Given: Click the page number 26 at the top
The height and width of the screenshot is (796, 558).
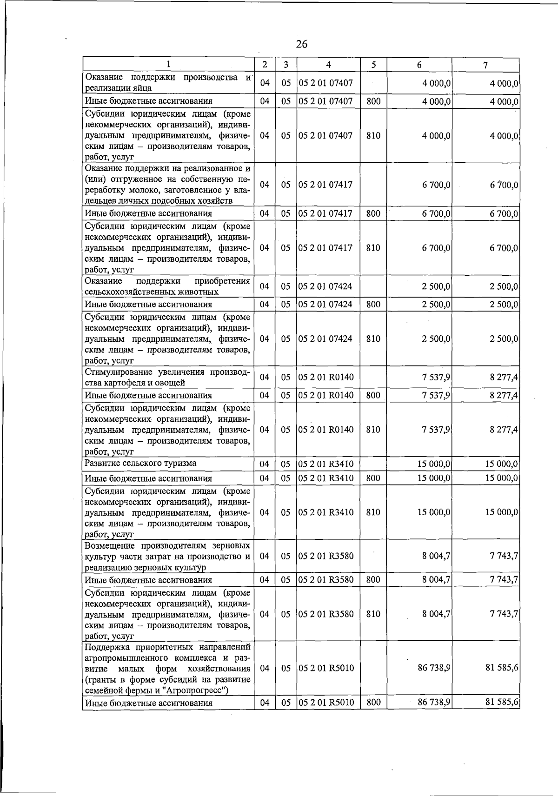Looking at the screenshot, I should [x=301, y=44].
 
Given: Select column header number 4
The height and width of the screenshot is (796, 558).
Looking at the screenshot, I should [x=328, y=65].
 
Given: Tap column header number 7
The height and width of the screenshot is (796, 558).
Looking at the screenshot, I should [x=485, y=65].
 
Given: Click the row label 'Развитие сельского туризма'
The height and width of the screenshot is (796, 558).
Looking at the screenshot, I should [x=140, y=463].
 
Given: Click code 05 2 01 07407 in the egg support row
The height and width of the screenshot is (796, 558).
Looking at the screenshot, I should [x=325, y=83].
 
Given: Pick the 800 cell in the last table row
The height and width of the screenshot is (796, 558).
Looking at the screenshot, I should [x=373, y=702].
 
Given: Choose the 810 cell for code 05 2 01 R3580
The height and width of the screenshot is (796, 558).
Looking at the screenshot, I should [x=373, y=614].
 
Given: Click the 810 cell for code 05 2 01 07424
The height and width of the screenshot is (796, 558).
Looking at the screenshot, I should [x=373, y=338].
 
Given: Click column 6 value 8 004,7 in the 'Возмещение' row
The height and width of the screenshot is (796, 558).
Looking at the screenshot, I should [x=436, y=556].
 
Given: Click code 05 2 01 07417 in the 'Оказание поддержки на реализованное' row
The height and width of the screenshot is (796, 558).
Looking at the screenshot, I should [x=325, y=185].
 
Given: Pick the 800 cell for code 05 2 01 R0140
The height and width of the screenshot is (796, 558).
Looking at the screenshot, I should [x=373, y=395].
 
